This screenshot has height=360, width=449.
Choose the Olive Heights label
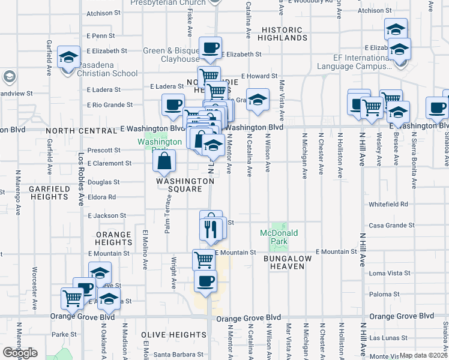(173, 334)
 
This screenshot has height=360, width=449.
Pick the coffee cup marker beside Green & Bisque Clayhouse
(210, 49)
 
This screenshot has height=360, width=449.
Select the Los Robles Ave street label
(81, 180)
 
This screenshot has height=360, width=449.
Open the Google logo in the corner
(20, 353)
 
